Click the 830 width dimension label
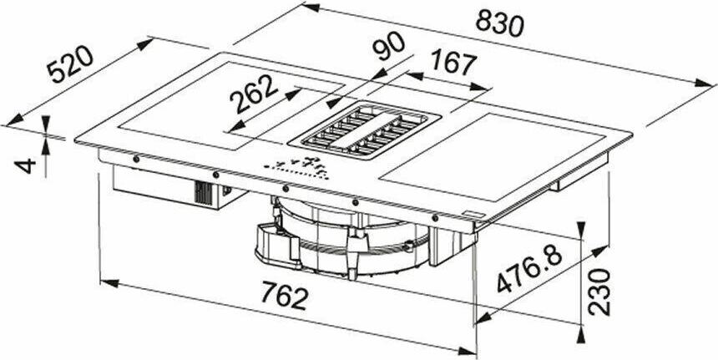point(499,23)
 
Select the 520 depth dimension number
point(71,64)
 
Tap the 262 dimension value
point(253,94)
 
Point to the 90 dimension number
point(388,46)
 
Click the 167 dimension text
point(453,63)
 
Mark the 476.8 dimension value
point(528,271)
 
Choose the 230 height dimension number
point(599,292)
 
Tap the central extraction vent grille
point(365,130)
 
